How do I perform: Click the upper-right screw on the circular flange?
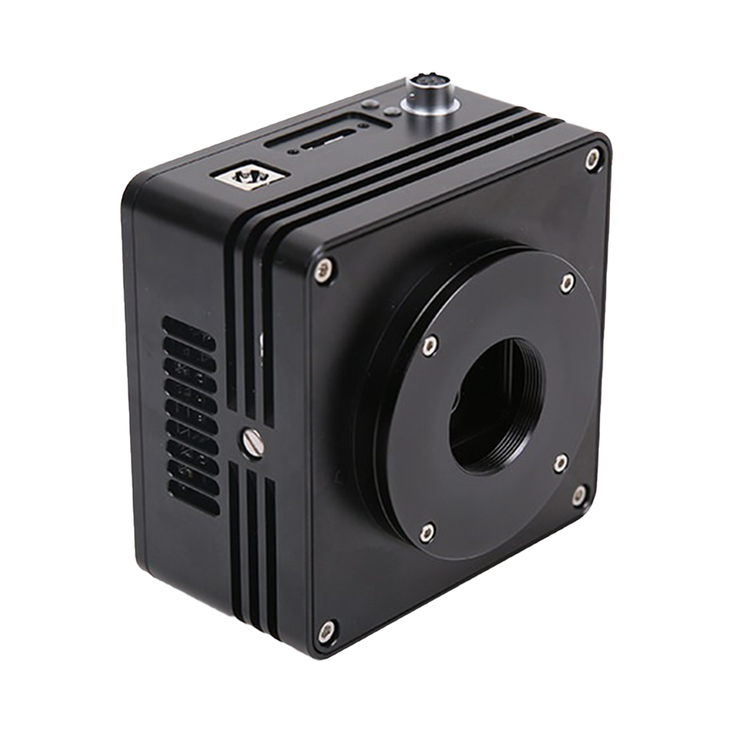[x=565, y=282]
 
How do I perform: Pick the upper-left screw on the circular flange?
[x=431, y=343]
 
